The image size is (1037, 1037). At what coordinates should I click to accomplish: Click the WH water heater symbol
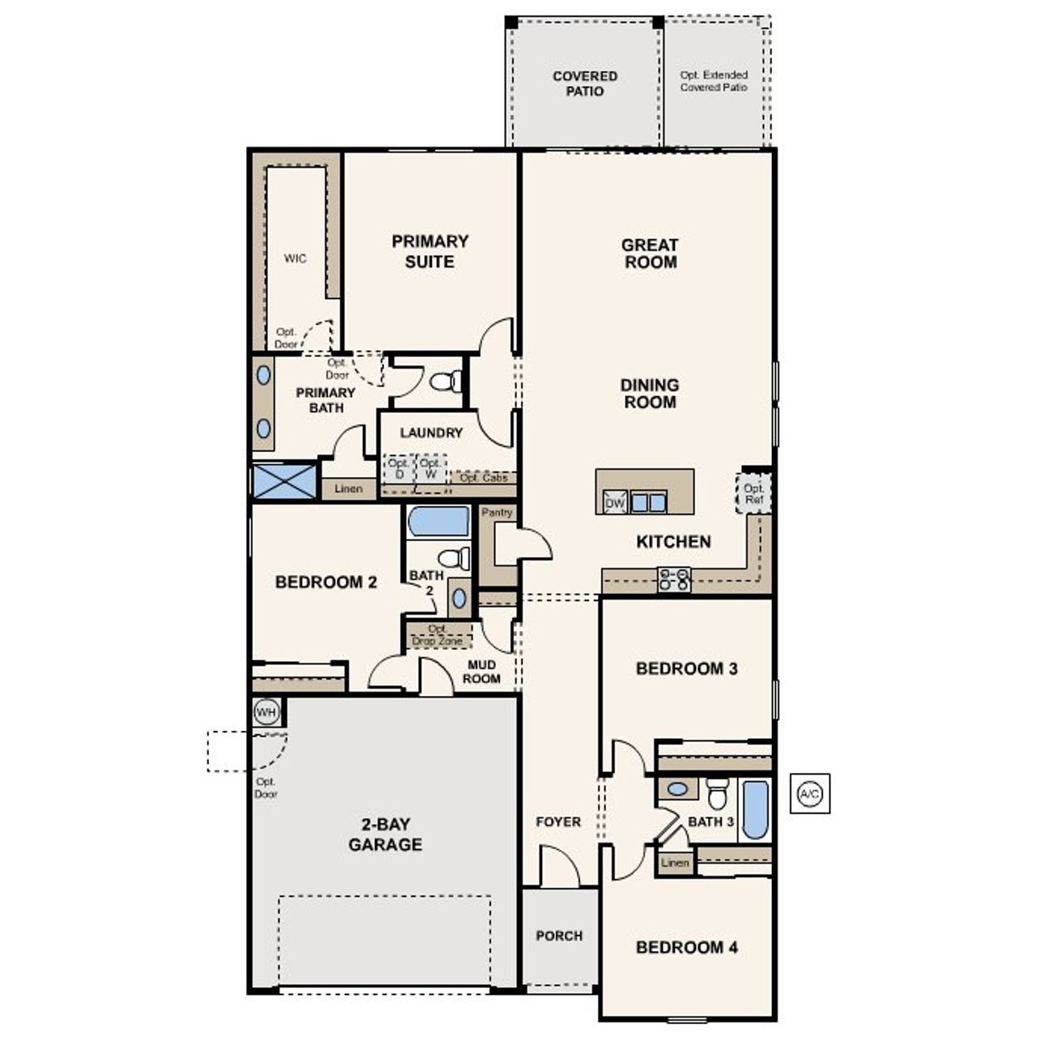[x=267, y=712]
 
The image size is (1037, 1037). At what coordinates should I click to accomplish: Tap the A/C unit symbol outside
[x=809, y=794]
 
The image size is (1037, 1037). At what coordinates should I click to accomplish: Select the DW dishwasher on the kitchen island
[x=615, y=503]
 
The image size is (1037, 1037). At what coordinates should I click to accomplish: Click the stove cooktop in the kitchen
[x=674, y=578]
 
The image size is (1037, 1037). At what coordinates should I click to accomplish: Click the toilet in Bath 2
[x=454, y=557]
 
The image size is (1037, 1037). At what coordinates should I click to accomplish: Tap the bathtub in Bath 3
[x=754, y=809]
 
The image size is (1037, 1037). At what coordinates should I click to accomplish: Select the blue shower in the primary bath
[x=284, y=481]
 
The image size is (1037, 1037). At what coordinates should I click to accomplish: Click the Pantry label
[x=497, y=513]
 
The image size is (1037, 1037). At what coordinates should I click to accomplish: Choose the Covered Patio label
[x=585, y=83]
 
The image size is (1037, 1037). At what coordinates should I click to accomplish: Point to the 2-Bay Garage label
[x=385, y=834]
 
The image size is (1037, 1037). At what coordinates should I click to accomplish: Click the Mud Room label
[x=481, y=672]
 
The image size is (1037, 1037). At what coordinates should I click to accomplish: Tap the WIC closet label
[x=295, y=258]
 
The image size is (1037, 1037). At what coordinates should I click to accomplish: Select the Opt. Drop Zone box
[x=438, y=635]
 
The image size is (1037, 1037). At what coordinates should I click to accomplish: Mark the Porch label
[x=559, y=936]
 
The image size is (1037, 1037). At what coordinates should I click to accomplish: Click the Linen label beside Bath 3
[x=674, y=863]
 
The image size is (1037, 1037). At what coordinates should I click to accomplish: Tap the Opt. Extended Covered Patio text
[x=714, y=81]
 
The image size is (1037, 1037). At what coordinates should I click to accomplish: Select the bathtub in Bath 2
[x=438, y=522]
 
